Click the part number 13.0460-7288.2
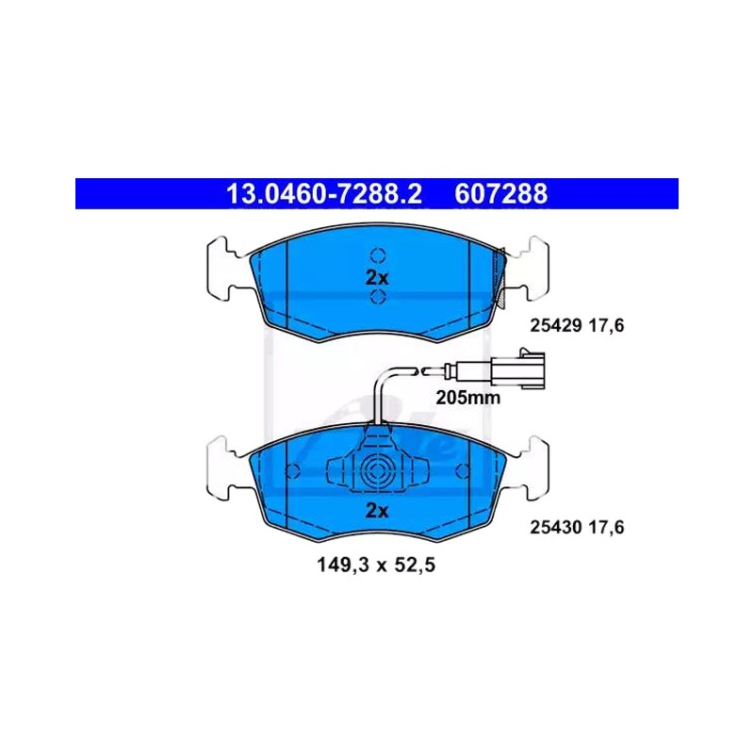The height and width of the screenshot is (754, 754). pos(323,194)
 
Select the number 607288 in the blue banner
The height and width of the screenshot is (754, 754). pos(500,194)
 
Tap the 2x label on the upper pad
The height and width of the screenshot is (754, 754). pos(377,277)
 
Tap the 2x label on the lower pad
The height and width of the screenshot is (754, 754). pos(377,510)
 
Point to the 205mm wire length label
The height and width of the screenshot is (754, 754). pos(467,398)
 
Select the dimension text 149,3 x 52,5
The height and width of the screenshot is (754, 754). pos(375,565)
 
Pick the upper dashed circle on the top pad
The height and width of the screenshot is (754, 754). pos(378,255)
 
